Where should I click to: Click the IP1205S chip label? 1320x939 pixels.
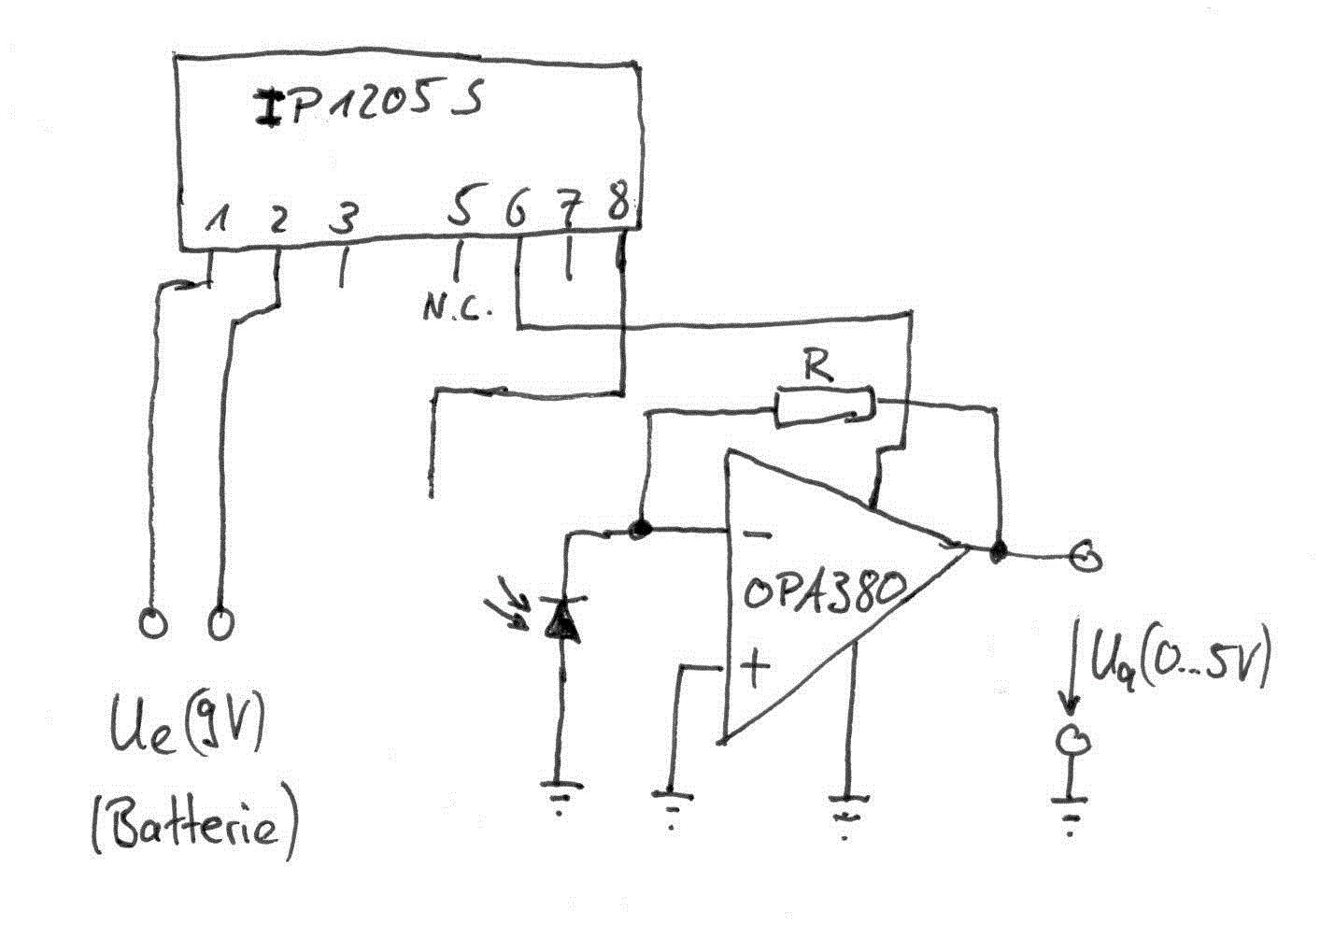[369, 104]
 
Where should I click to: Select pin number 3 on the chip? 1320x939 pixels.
[344, 220]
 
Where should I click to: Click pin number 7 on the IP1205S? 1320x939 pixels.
[568, 212]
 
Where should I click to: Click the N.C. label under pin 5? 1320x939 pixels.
[456, 309]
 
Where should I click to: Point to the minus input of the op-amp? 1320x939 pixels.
[758, 535]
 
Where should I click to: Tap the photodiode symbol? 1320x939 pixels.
[562, 619]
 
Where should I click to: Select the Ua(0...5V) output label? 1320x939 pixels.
[1178, 664]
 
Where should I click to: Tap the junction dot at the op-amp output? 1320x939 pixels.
[998, 551]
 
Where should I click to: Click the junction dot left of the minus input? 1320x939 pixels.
[640, 530]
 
